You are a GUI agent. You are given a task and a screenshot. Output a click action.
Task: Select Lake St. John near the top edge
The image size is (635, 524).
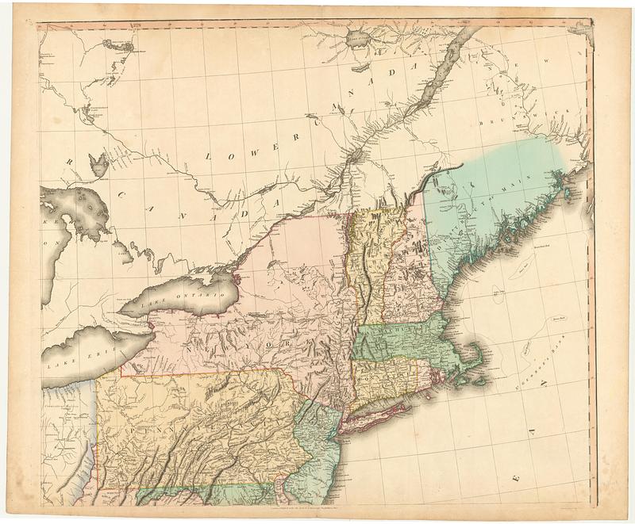click(355, 36)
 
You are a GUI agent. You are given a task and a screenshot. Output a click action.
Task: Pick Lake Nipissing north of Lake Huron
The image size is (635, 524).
click(99, 165)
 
